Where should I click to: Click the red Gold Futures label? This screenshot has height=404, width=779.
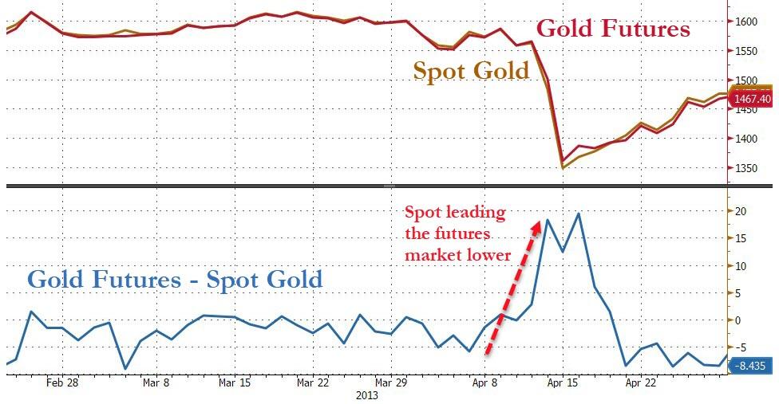tap(613, 29)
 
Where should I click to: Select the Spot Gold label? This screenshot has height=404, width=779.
tap(471, 71)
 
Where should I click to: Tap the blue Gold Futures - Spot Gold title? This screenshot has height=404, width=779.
tap(175, 280)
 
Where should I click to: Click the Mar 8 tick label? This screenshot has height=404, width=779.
tap(155, 382)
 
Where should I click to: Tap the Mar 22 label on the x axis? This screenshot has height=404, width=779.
tap(312, 382)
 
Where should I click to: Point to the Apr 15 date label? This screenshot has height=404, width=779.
tap(562, 382)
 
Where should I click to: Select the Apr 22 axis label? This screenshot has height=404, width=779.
tap(640, 382)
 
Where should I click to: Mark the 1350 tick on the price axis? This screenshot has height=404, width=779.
tap(745, 168)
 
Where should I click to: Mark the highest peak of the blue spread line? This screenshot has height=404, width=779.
tap(578, 214)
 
